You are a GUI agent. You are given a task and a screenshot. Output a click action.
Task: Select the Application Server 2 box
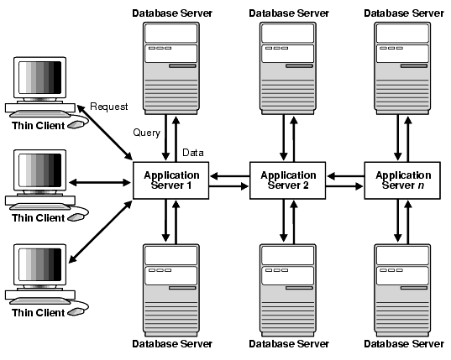coord(288,181)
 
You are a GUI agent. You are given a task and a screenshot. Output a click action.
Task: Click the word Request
coord(109,106)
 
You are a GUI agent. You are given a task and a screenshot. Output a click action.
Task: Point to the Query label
coord(147,133)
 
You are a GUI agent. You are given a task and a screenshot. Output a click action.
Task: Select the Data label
coord(194,153)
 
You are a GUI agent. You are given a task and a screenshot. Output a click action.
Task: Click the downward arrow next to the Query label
coord(165,138)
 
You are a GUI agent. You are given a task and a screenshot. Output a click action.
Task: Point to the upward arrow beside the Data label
coord(177,138)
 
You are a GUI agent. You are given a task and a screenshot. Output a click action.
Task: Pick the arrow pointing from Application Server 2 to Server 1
coord(228,175)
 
